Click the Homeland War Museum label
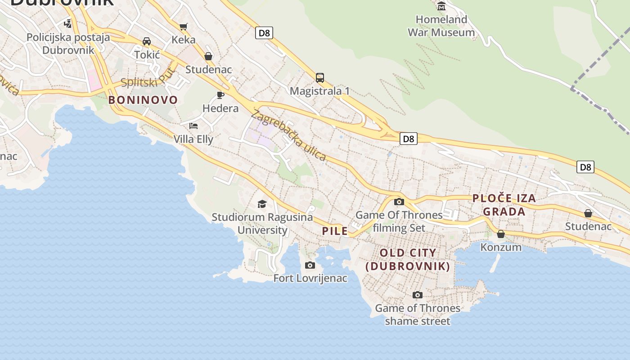(x=441, y=26)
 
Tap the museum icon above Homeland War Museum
(x=441, y=6)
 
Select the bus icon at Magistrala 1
(x=319, y=78)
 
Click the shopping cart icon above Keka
(x=183, y=27)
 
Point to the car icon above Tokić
(x=147, y=41)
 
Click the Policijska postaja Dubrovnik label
(x=68, y=43)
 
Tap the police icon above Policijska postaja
(x=68, y=23)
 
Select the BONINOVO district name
(x=143, y=100)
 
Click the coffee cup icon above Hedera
(x=220, y=95)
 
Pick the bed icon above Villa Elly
(x=193, y=126)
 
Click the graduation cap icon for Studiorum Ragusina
(x=262, y=204)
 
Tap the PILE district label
(x=335, y=231)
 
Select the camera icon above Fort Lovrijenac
(x=310, y=265)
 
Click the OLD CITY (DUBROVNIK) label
(x=408, y=259)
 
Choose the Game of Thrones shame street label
(x=418, y=315)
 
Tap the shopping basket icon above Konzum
(x=501, y=234)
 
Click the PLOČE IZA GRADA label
(x=504, y=205)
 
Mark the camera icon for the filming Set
(x=399, y=202)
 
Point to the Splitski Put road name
(x=148, y=79)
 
